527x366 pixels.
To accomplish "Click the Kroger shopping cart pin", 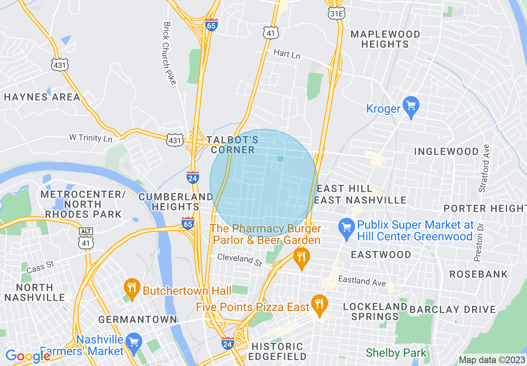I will click(x=411, y=106).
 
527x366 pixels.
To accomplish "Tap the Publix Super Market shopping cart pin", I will click(x=346, y=228).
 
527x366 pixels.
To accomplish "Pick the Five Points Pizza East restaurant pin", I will click(x=319, y=305).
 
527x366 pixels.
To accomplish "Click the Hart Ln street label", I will click(x=287, y=54).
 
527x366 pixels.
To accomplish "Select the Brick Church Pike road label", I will click(x=169, y=53).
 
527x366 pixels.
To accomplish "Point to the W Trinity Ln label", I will click(x=91, y=137).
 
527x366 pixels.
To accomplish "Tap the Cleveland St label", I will click(x=240, y=260).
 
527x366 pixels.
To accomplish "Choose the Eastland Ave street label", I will click(x=362, y=281).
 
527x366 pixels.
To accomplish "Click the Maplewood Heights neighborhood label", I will click(x=385, y=39).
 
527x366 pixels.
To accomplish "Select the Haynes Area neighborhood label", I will click(x=42, y=97).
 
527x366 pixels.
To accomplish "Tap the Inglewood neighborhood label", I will click(x=446, y=151).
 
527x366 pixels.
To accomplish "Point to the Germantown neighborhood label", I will click(x=138, y=319).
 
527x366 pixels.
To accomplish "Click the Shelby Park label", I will click(x=396, y=354).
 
